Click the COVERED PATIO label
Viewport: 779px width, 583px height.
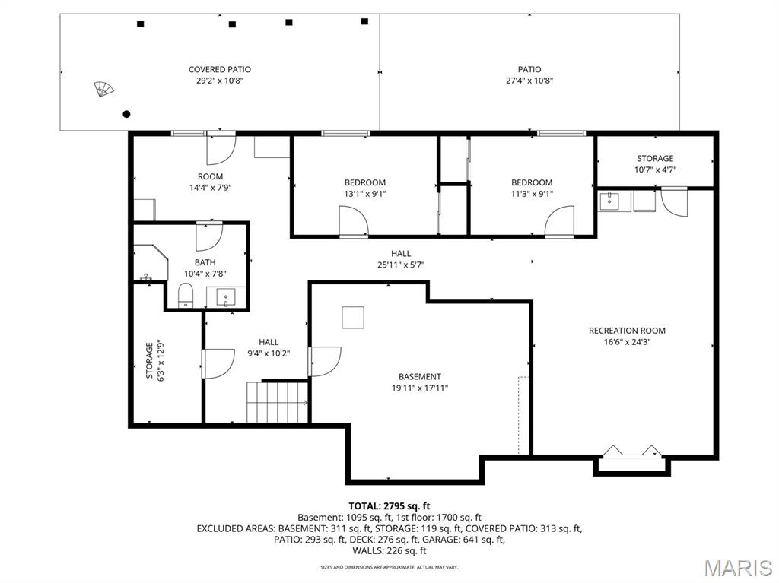coord(219,69)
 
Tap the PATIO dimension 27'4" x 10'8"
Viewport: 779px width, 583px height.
coord(529,81)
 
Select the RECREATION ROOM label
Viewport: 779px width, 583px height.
coord(627,331)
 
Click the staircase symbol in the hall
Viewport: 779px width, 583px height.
coord(276,402)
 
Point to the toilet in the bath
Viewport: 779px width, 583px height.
coord(186,295)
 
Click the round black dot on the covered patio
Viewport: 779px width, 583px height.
coord(126,114)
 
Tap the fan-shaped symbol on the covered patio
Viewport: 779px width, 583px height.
coord(103,90)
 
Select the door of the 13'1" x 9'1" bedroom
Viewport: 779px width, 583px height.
coord(353,223)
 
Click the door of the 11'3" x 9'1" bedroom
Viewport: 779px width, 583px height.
coord(559,223)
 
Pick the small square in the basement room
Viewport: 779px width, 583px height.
coord(353,317)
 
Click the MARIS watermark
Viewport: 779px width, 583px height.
coord(737,568)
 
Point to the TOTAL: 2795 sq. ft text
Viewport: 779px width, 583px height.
coord(389,505)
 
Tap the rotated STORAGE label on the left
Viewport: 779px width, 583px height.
coord(149,361)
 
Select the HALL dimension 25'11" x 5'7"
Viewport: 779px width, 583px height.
coord(401,265)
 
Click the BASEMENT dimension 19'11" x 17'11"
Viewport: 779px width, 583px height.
coord(419,388)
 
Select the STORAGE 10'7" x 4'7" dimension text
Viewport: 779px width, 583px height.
coord(655,170)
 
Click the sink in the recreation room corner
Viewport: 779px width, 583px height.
coord(609,201)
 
